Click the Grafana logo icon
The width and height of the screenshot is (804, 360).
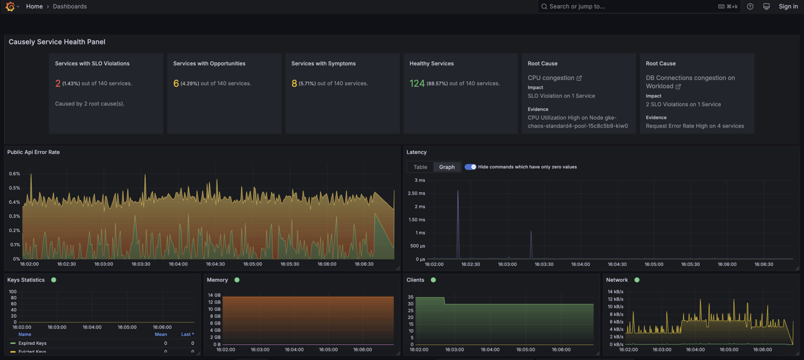click(10, 7)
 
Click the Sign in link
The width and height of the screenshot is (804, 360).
click(788, 6)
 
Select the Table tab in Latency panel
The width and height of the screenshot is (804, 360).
click(420, 167)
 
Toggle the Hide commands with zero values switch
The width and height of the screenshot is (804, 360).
click(470, 167)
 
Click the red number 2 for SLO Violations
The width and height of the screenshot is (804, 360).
click(57, 83)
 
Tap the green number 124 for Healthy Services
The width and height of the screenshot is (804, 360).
click(417, 83)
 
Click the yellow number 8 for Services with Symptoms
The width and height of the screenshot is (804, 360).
click(294, 83)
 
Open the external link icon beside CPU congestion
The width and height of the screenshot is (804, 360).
click(579, 78)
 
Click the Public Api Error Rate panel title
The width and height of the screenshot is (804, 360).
click(33, 152)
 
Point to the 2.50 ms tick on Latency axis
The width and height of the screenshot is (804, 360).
click(416, 193)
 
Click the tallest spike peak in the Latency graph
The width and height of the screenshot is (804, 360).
click(457, 191)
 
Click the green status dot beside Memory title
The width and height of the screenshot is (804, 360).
click(237, 280)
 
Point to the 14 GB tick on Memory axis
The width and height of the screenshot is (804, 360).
click(214, 295)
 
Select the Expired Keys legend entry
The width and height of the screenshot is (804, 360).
click(32, 343)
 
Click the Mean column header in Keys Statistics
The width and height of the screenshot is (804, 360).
click(161, 334)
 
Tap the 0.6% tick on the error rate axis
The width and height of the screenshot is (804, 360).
click(15, 174)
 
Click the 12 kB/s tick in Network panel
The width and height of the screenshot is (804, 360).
click(615, 299)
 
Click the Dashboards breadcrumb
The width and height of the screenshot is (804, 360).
click(70, 6)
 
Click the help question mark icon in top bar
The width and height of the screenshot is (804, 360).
click(750, 6)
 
